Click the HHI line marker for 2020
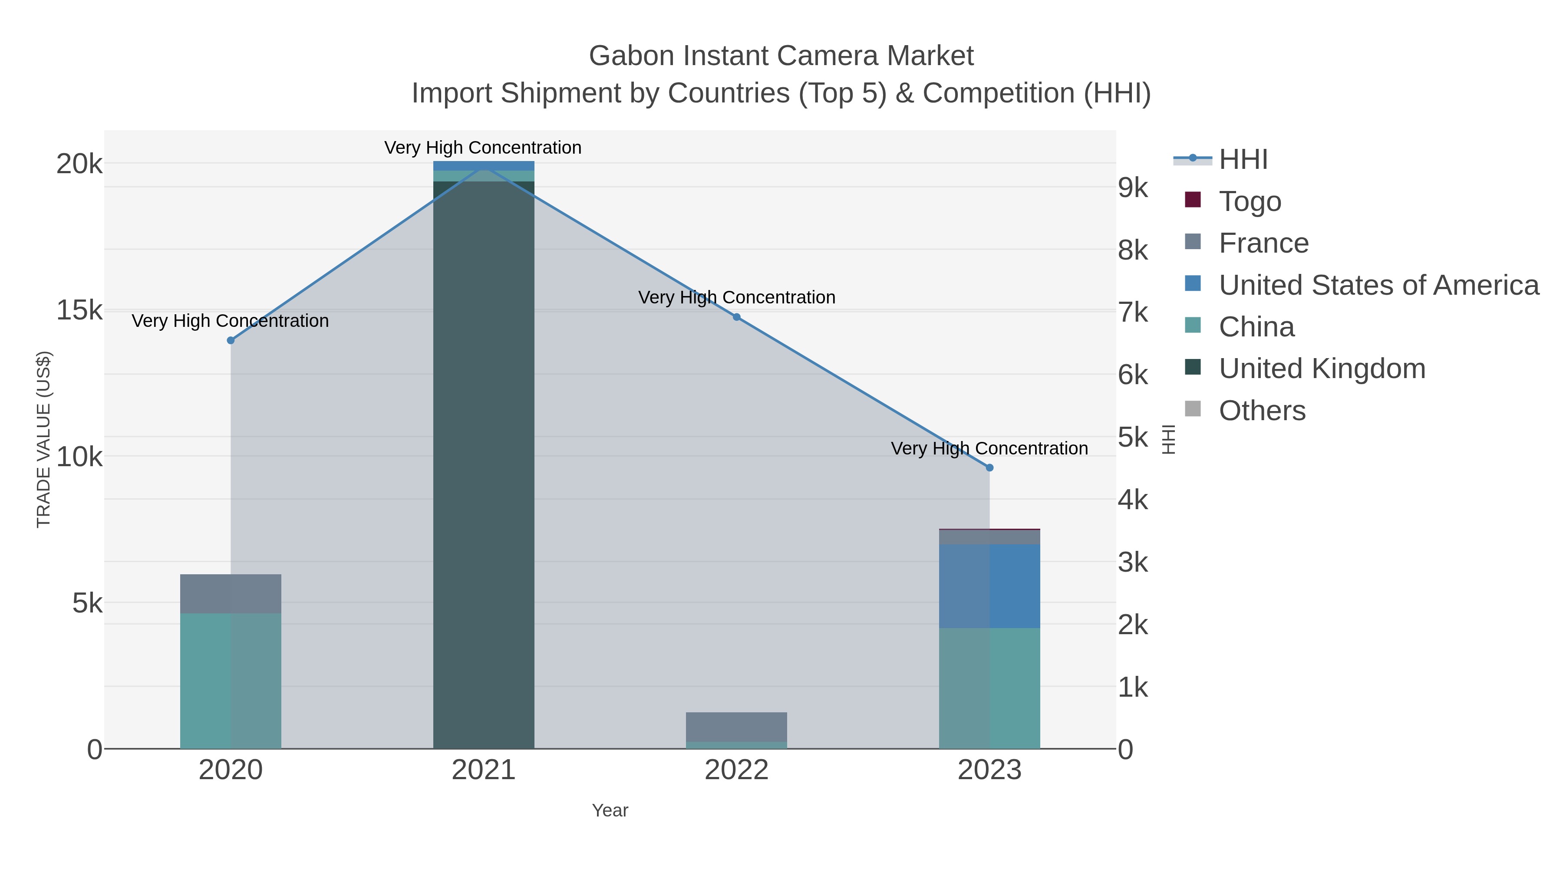[x=231, y=340]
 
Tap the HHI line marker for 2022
[x=737, y=317]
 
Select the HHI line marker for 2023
[x=989, y=467]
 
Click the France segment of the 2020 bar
[x=231, y=593]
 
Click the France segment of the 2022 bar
[x=737, y=727]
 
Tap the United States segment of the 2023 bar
[x=989, y=586]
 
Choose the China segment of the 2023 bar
[x=989, y=688]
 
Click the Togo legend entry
[x=1250, y=201]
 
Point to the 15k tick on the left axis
[x=79, y=310]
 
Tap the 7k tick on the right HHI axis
[x=1133, y=313]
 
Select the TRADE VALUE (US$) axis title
[x=44, y=439]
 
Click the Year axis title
[x=610, y=810]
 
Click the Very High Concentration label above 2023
[x=989, y=448]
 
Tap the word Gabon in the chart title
[x=630, y=56]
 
